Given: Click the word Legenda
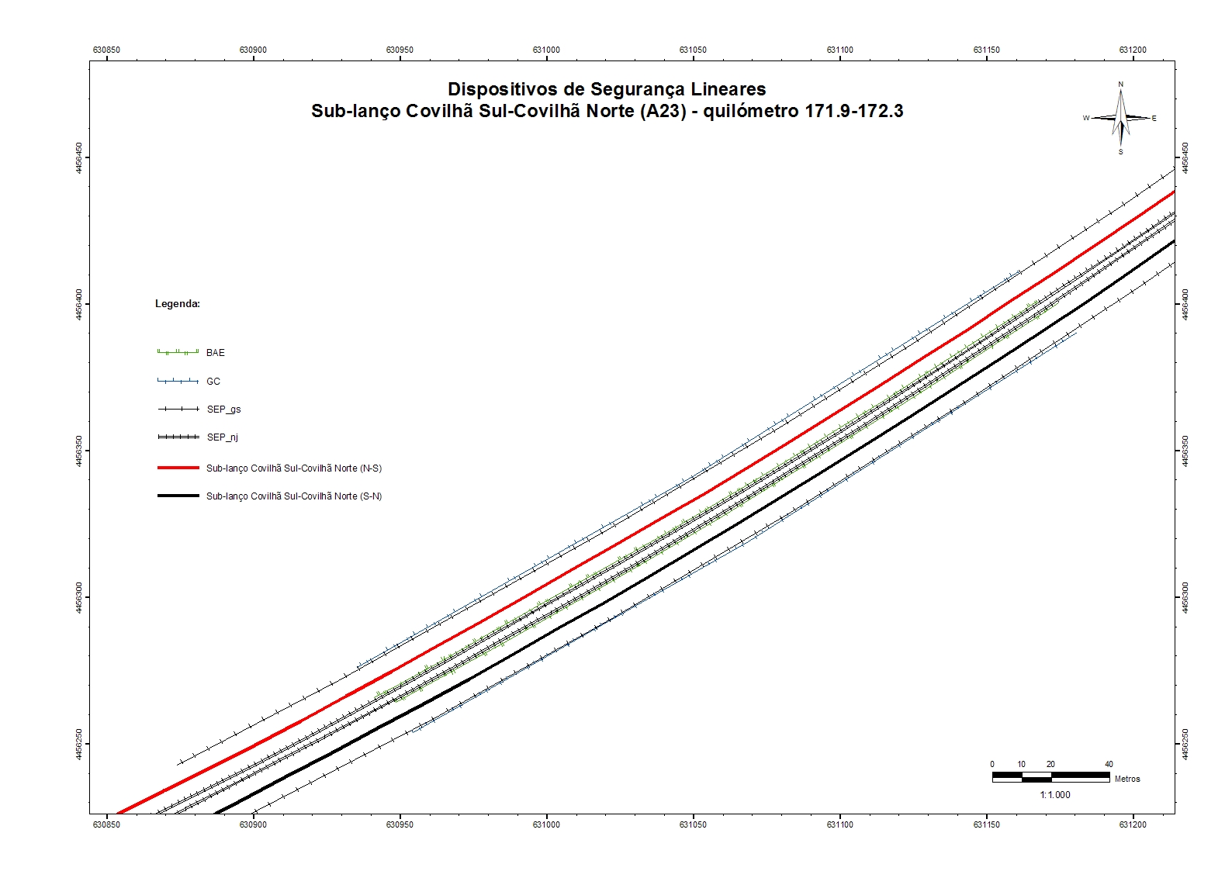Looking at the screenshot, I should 177,304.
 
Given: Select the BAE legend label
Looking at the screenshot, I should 215,353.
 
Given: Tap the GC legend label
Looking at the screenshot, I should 213,382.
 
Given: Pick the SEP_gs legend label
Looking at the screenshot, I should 223,410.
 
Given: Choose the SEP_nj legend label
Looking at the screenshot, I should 223,437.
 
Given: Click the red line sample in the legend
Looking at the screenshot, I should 178,468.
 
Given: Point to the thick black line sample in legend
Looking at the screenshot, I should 178,496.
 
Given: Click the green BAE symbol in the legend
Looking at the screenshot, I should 178,352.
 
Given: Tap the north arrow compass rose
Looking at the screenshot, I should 1120,119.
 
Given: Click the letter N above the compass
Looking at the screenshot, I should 1120,85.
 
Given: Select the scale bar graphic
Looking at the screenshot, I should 1050,776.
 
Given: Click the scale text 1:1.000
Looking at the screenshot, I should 1055,795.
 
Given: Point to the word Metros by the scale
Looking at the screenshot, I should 1127,779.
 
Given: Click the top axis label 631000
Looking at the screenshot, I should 546,50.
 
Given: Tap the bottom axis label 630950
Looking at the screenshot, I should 400,824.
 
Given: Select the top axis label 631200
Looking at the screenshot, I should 1133,50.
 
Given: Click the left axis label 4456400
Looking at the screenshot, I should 78,304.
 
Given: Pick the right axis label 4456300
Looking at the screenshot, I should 1185,597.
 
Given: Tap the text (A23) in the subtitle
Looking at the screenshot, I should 663,111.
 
